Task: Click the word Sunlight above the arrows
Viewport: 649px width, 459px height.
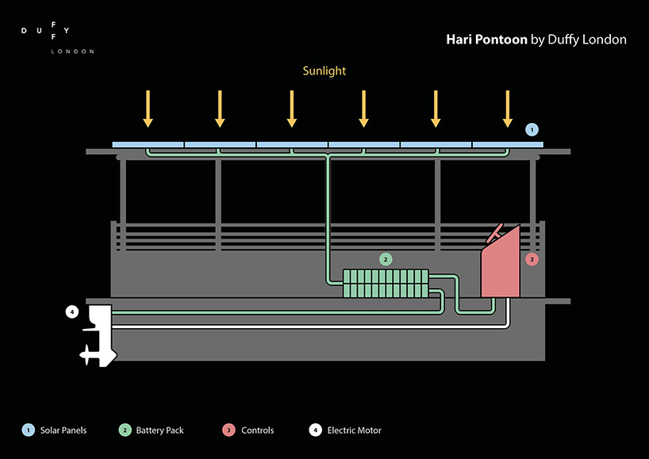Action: (x=324, y=71)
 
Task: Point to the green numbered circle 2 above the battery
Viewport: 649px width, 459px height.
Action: (x=386, y=258)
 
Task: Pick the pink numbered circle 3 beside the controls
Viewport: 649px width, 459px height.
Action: (x=532, y=258)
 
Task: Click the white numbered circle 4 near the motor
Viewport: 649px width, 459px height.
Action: (x=72, y=312)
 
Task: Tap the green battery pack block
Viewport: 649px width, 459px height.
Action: (x=386, y=283)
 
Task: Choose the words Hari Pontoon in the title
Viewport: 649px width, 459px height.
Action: (x=486, y=39)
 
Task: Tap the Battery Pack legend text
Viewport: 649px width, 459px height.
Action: (x=159, y=430)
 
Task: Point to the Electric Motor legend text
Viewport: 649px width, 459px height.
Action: (x=354, y=430)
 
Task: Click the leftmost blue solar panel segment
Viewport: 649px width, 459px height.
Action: (x=148, y=145)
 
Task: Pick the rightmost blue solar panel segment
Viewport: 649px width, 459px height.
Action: (x=508, y=145)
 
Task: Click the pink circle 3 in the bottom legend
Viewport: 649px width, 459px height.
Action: (x=228, y=430)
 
